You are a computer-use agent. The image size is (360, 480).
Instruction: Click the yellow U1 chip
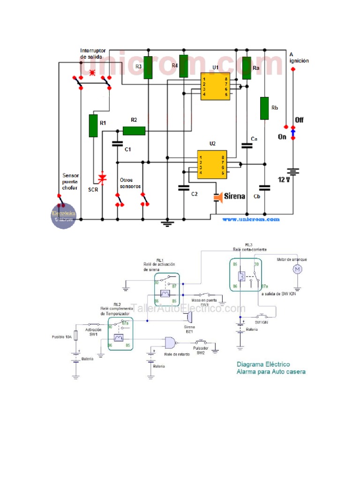tap(215, 86)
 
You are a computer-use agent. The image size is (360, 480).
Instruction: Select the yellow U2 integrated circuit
tap(212, 163)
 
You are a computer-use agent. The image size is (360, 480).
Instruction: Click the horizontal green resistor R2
tap(134, 131)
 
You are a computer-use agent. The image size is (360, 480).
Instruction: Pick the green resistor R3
tap(148, 67)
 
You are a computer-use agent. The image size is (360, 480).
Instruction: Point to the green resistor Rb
tap(265, 108)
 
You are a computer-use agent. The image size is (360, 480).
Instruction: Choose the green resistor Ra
tap(247, 68)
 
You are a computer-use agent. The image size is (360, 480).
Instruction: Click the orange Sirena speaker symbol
tap(217, 197)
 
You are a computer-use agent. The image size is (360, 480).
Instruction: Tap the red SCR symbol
tap(102, 178)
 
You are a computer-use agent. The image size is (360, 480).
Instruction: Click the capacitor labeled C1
tap(117, 144)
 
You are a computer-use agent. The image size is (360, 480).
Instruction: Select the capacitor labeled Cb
tap(265, 188)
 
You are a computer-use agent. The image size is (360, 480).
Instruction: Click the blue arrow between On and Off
tap(293, 135)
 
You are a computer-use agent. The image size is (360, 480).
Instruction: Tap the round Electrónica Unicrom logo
tap(63, 216)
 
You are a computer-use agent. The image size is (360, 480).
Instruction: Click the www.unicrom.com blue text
tap(250, 219)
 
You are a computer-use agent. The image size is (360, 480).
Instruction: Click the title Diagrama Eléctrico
tap(263, 364)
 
